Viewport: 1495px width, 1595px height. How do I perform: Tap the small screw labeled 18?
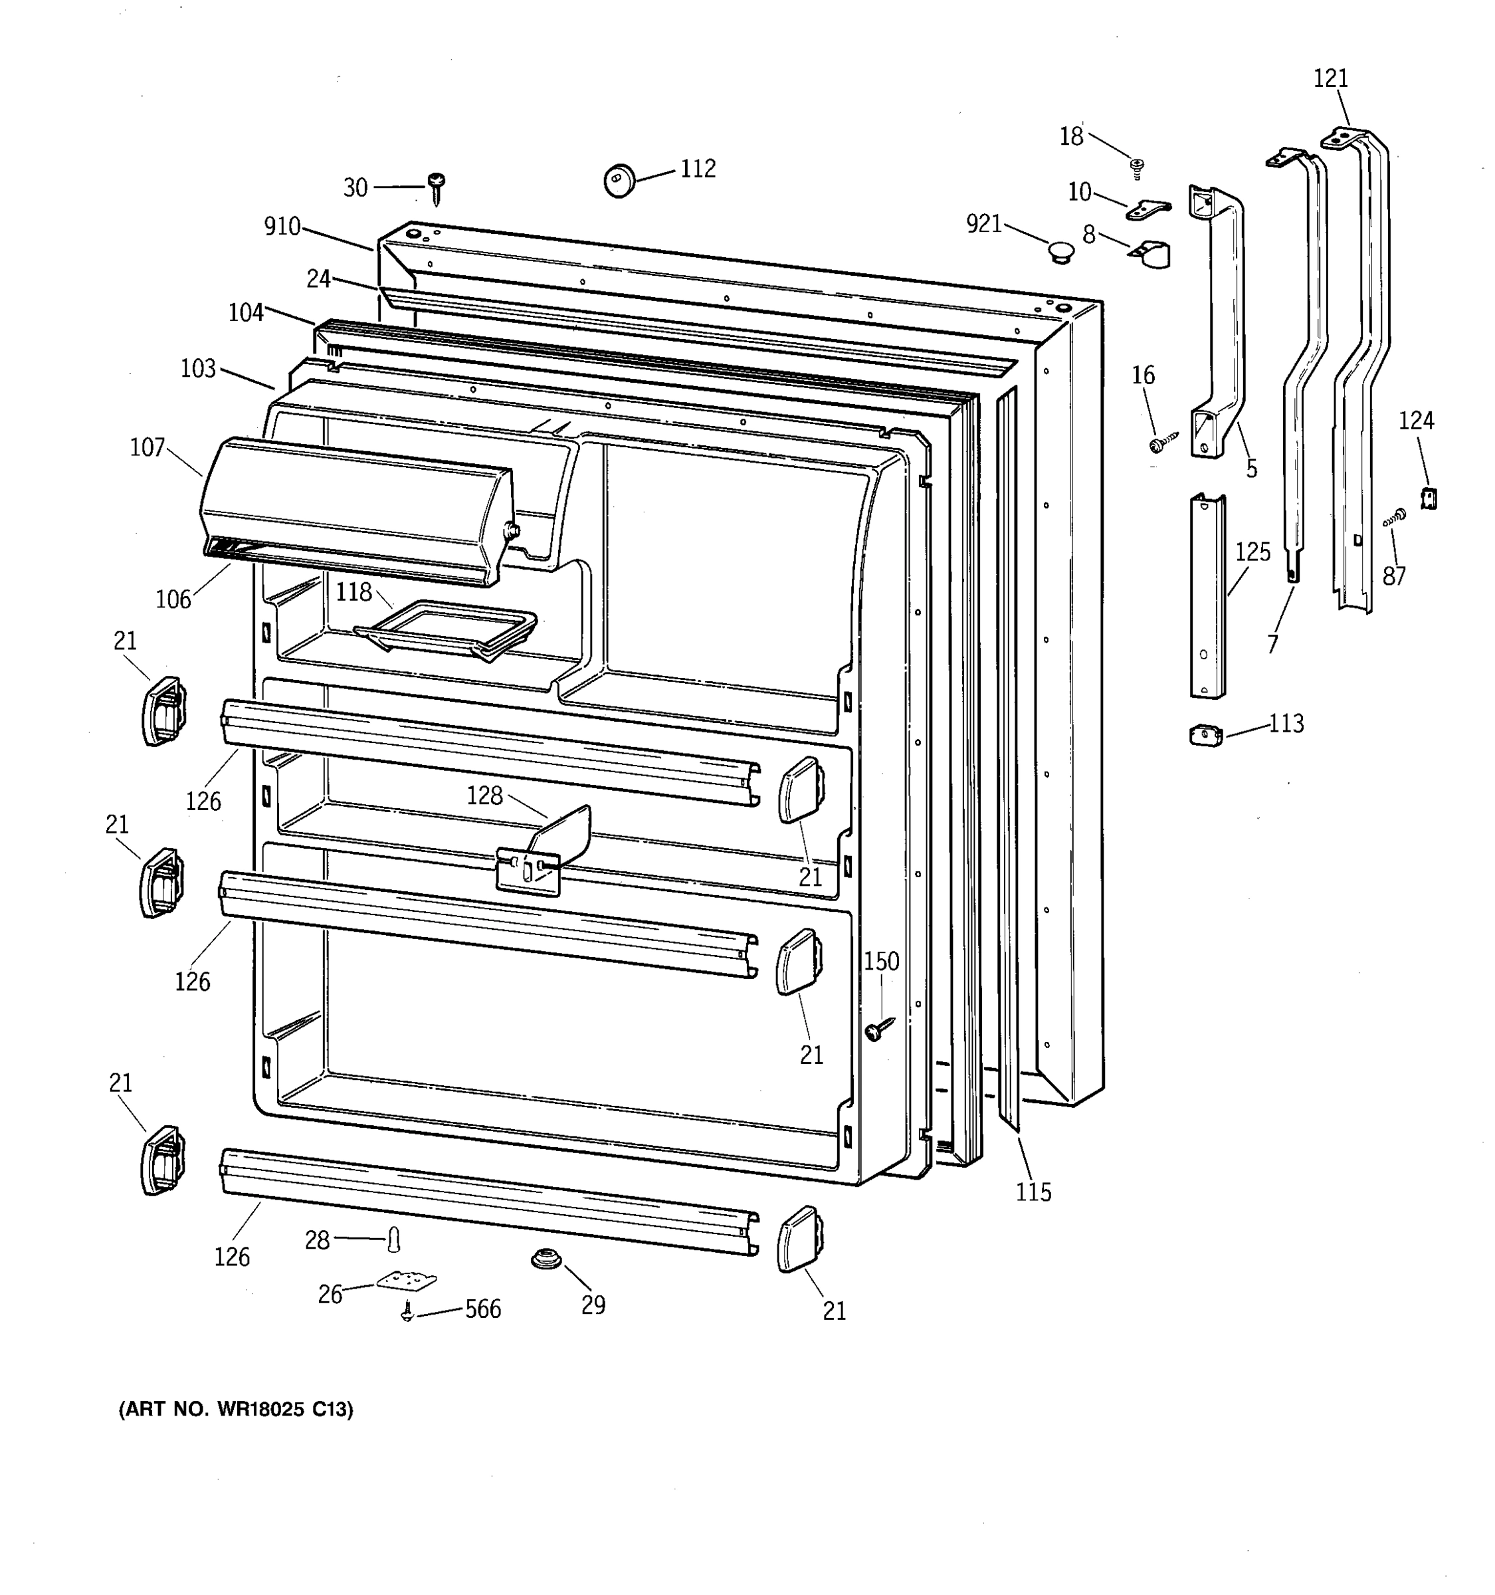point(1136,167)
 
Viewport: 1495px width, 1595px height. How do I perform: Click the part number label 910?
point(282,227)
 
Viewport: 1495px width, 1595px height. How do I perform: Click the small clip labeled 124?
point(1429,498)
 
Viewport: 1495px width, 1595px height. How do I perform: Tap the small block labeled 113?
point(1205,735)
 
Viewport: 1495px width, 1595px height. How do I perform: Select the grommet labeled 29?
point(545,1258)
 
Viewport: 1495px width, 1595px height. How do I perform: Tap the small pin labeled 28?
point(393,1239)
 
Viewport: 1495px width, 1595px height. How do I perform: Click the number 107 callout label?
point(148,448)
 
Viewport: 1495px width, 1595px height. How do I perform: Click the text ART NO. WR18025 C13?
point(236,1410)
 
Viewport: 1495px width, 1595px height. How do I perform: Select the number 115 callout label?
point(1033,1192)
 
